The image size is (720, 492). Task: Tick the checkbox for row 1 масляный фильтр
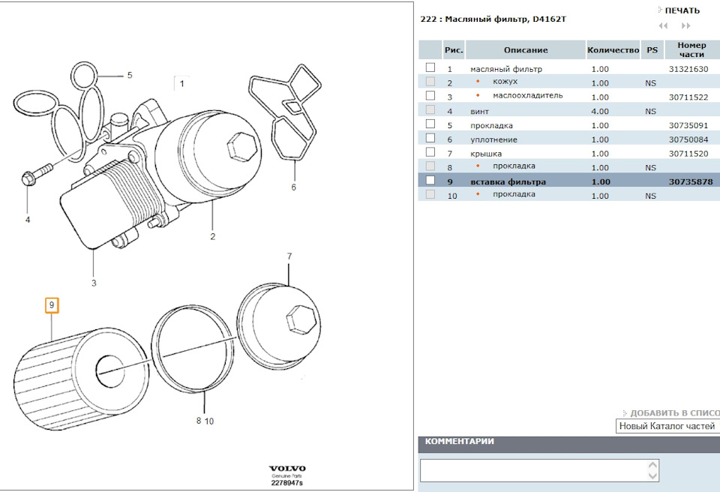pyautogui.click(x=430, y=68)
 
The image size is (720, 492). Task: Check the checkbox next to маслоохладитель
pyautogui.click(x=430, y=96)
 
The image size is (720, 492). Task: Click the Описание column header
pyautogui.click(x=525, y=50)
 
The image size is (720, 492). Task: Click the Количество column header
pyautogui.click(x=613, y=50)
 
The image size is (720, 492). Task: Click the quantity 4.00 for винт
pyautogui.click(x=600, y=111)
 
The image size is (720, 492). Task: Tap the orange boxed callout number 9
pyautogui.click(x=51, y=305)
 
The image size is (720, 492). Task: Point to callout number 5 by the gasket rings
pyautogui.click(x=129, y=76)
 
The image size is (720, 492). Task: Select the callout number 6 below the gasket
pyautogui.click(x=293, y=187)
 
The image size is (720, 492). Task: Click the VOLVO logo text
pyautogui.click(x=287, y=468)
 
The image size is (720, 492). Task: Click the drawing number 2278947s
pyautogui.click(x=287, y=483)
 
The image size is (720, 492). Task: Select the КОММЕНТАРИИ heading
pyautogui.click(x=460, y=442)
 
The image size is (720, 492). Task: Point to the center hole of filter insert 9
pyautogui.click(x=112, y=367)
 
